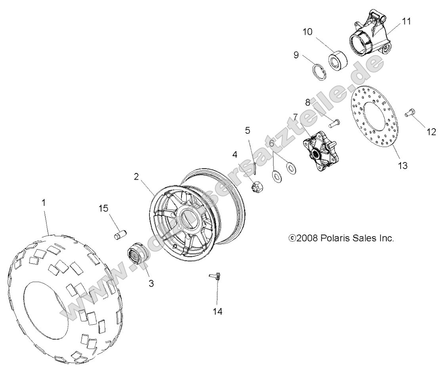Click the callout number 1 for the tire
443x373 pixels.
click(44, 202)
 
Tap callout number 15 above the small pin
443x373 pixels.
click(104, 209)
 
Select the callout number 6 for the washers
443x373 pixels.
click(271, 143)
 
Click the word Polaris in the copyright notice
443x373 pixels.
click(335, 238)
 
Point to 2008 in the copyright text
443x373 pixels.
click(308, 238)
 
